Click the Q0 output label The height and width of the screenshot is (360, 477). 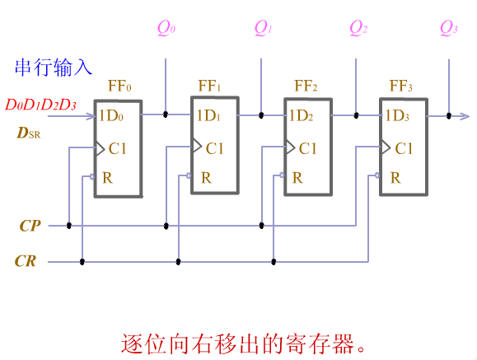pyautogui.click(x=166, y=28)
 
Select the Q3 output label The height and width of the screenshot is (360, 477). pyautogui.click(x=449, y=28)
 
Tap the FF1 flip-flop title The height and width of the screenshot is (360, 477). pyautogui.click(x=209, y=86)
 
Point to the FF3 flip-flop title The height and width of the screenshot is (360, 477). pyautogui.click(x=401, y=86)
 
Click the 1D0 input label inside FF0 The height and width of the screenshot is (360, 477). pyautogui.click(x=111, y=115)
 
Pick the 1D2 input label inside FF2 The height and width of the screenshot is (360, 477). pyautogui.click(x=301, y=115)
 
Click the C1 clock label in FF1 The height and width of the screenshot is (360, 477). pyautogui.click(x=215, y=148)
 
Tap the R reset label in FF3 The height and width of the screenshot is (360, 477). pyautogui.click(x=395, y=178)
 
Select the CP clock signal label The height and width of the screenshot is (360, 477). pyautogui.click(x=30, y=226)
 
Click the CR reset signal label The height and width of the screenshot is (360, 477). pyautogui.click(x=26, y=261)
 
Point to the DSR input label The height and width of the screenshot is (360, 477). pyautogui.click(x=28, y=133)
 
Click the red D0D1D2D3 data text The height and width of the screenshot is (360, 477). pyautogui.click(x=40, y=105)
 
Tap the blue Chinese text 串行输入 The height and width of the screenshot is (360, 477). pyautogui.click(x=54, y=68)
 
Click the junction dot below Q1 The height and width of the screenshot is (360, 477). pyautogui.click(x=261, y=115)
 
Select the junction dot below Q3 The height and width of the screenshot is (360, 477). pyautogui.click(x=449, y=115)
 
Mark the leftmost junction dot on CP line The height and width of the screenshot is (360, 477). pyautogui.click(x=69, y=226)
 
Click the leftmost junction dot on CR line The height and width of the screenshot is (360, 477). pyautogui.click(x=82, y=262)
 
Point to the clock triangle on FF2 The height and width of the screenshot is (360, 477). pyautogui.click(x=291, y=147)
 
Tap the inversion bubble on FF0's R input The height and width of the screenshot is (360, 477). pyautogui.click(x=92, y=176)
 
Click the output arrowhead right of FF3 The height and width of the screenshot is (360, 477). pyautogui.click(x=464, y=116)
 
